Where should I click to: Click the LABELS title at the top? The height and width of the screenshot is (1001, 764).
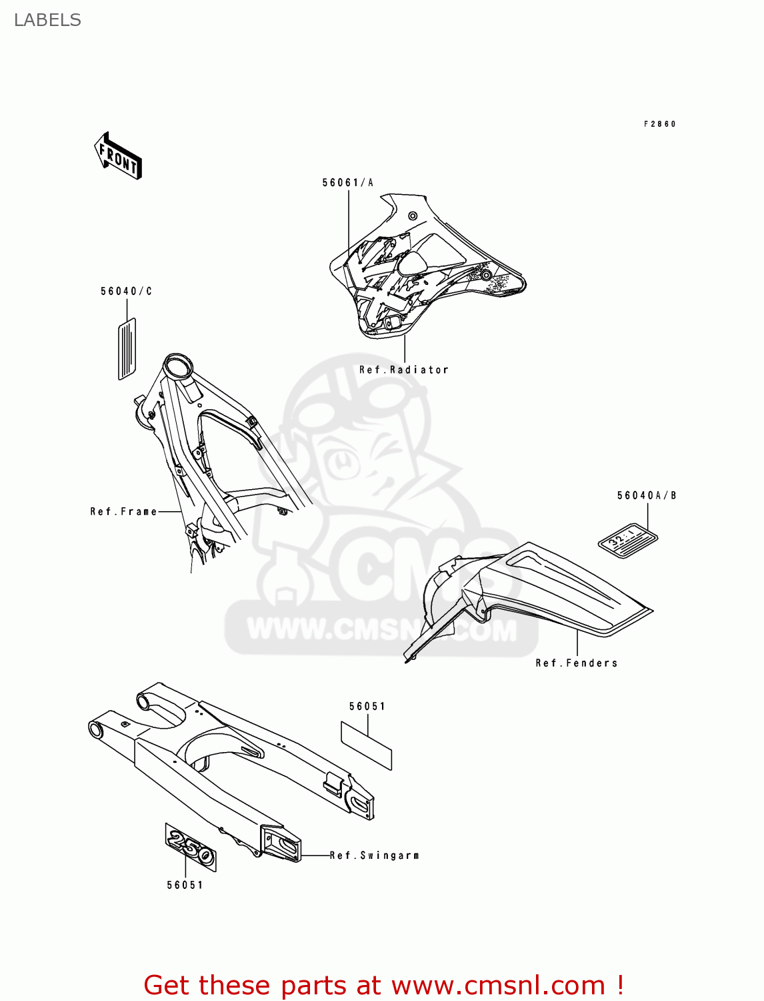[47, 20]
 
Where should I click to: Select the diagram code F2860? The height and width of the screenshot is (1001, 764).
[659, 124]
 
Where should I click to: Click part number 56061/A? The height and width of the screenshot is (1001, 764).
[347, 183]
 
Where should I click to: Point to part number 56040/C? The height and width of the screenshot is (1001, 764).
[126, 292]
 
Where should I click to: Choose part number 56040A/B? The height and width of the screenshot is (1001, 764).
[646, 496]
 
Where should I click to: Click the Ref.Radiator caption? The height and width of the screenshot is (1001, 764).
[403, 370]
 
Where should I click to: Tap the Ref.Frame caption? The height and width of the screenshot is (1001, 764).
[124, 512]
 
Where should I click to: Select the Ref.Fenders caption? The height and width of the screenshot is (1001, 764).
[576, 663]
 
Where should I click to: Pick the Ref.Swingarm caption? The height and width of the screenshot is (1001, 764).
[374, 856]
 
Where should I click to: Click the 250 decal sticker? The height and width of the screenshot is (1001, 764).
[191, 847]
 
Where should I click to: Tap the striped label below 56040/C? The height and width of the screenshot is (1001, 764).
[127, 348]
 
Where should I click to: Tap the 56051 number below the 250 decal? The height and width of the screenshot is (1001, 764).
[185, 886]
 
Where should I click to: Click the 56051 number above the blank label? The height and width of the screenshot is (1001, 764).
[367, 707]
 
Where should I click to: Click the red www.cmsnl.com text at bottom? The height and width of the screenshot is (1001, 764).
[497, 985]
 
